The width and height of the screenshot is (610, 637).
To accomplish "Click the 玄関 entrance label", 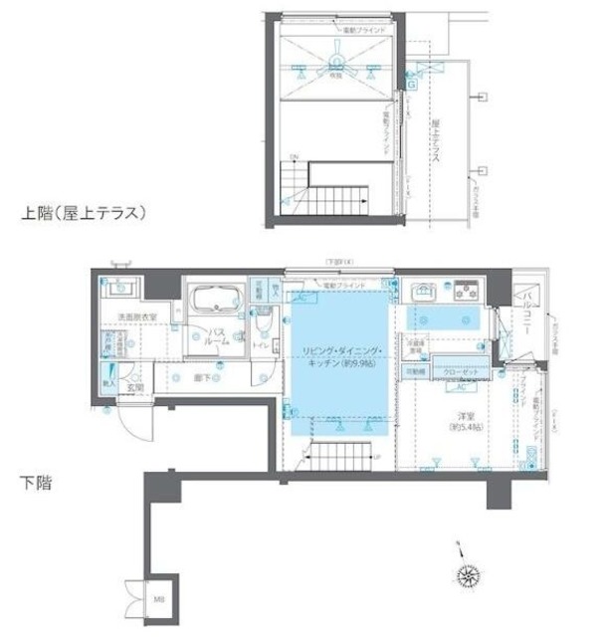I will coord(135,387).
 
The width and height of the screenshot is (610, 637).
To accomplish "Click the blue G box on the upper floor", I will coord(411,86).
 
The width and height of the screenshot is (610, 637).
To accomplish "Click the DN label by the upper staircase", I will coord(295,158).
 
